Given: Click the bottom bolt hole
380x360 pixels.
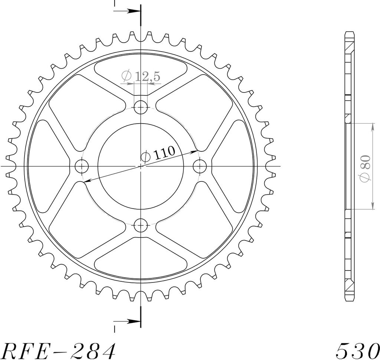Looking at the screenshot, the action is click(x=141, y=225).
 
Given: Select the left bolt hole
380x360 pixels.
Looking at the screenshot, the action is click(x=82, y=166).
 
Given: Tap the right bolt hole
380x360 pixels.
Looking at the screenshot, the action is click(x=200, y=166).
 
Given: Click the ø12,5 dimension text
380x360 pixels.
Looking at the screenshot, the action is click(x=141, y=76).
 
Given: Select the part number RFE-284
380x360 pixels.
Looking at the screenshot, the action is click(x=59, y=351).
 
